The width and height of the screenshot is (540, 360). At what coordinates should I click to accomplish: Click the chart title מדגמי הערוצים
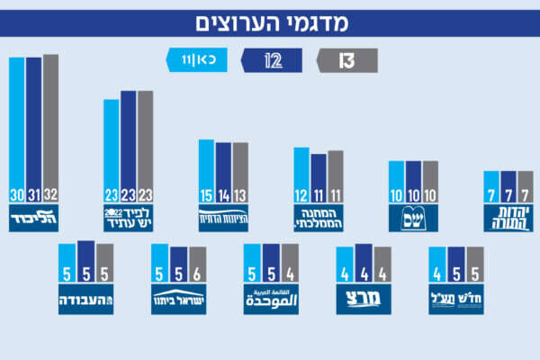(270, 22)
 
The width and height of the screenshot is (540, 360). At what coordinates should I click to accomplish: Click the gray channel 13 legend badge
(346, 60)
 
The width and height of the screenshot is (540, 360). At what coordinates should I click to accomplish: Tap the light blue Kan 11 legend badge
(197, 60)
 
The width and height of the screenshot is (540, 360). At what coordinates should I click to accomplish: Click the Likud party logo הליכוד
(33, 219)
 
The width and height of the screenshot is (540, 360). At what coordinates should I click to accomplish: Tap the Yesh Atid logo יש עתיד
(128, 219)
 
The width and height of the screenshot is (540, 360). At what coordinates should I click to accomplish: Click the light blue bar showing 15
(206, 171)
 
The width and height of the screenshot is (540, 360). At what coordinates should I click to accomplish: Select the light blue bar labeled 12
(301, 175)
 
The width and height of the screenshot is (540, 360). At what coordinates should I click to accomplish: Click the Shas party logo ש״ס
(412, 218)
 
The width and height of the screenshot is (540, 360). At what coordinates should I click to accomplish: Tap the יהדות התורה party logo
(508, 216)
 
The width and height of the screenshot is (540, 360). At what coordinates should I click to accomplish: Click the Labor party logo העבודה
(85, 300)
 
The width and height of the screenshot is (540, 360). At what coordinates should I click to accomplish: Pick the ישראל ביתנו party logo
(179, 300)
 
